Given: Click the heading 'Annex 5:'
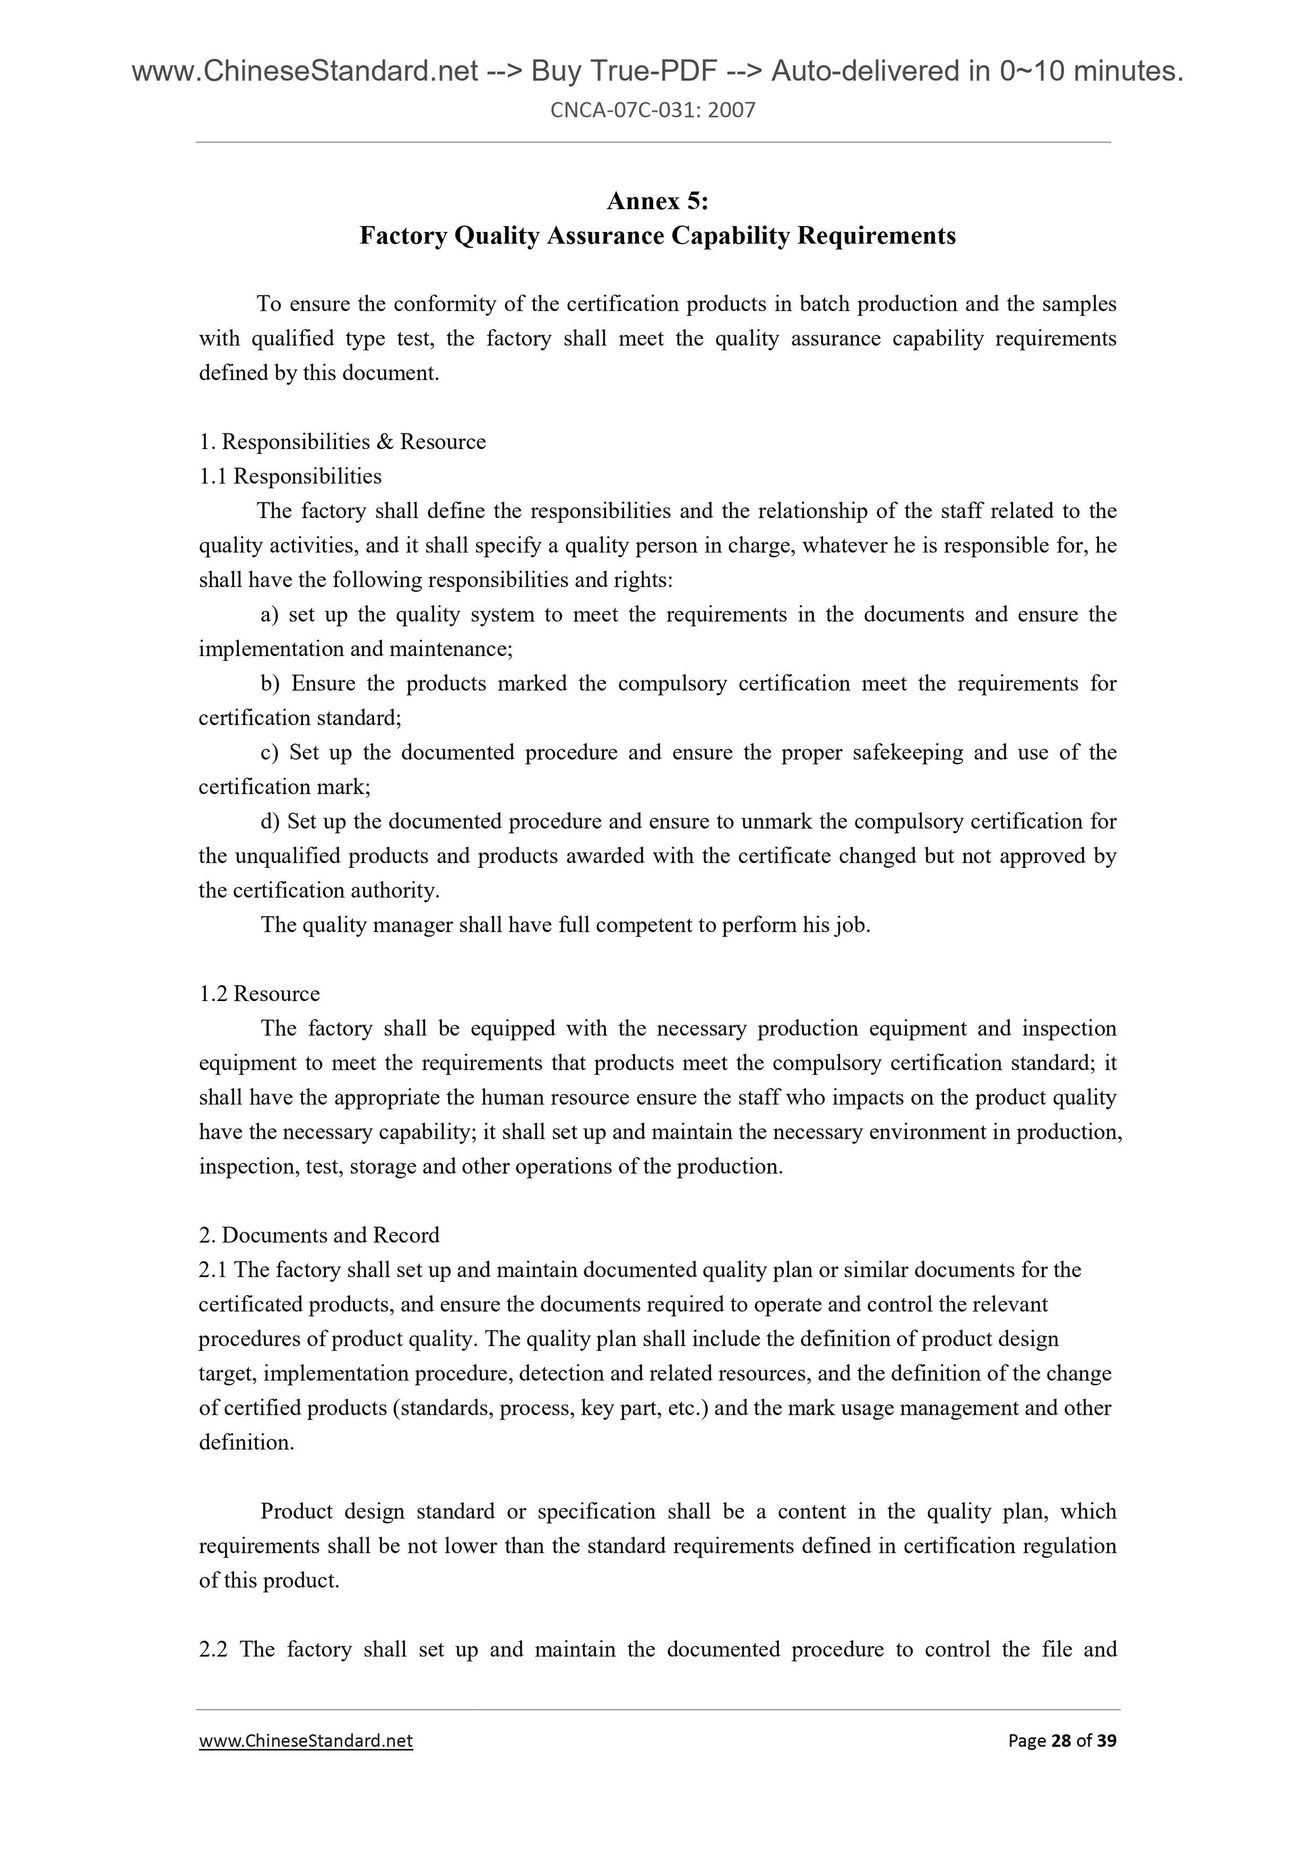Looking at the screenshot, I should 657,200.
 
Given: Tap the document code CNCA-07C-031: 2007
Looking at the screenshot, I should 653,110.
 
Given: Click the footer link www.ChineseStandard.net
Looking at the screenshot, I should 306,1740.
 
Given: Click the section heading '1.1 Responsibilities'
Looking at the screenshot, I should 290,476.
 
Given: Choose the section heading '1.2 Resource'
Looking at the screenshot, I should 260,994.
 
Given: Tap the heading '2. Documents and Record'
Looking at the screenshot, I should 319,1235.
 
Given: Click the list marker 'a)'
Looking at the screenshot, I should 270,615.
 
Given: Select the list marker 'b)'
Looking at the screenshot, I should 270,684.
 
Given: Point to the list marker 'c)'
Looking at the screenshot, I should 270,753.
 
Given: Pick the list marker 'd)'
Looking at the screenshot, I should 270,822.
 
